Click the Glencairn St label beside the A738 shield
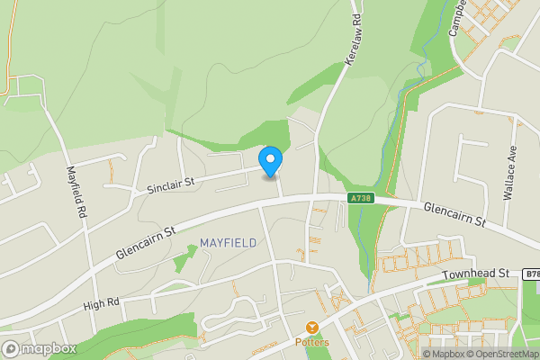pyautogui.click(x=454, y=214)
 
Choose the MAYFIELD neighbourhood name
pyautogui.click(x=228, y=243)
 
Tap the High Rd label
pyautogui.click(x=101, y=303)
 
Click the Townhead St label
pyautogui.click(x=476, y=274)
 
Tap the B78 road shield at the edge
pyautogui.click(x=532, y=273)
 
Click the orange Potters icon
pyautogui.click(x=312, y=328)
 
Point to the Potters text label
pyautogui.click(x=312, y=343)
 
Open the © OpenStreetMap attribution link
pyautogui.click(x=501, y=354)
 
